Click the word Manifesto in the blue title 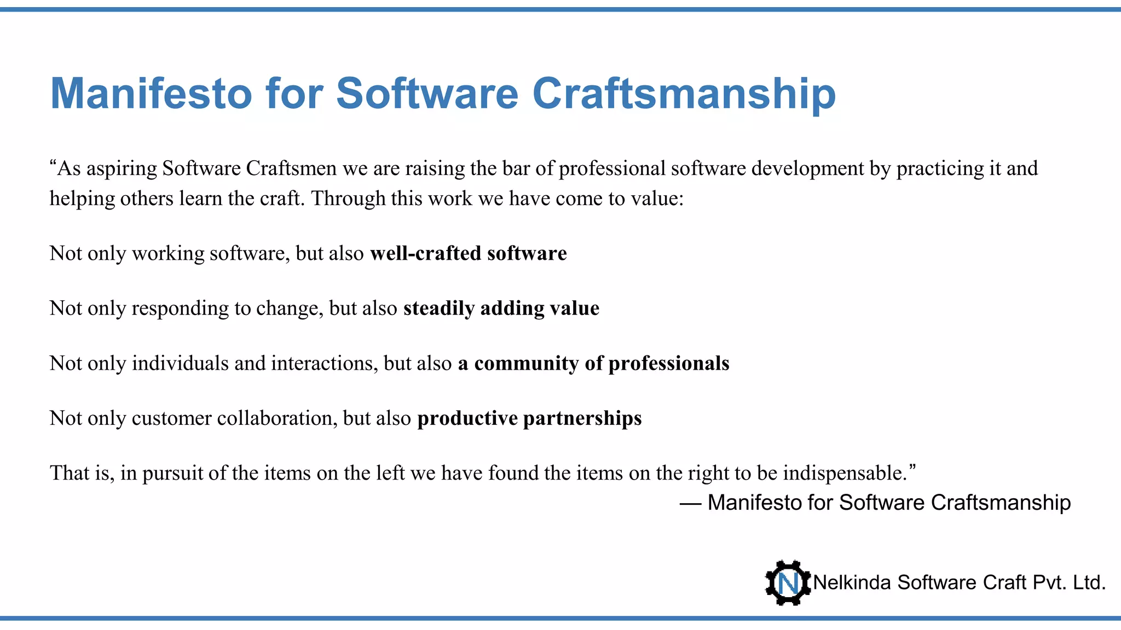pyautogui.click(x=151, y=94)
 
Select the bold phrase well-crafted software pyautogui.click(x=468, y=253)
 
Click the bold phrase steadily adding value pyautogui.click(x=501, y=308)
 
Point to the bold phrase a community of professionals pyautogui.click(x=593, y=363)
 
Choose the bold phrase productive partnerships pyautogui.click(x=529, y=418)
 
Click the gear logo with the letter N pyautogui.click(x=788, y=583)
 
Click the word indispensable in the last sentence pyautogui.click(x=845, y=473)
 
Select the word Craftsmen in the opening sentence pyautogui.click(x=291, y=168)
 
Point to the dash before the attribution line pyautogui.click(x=691, y=503)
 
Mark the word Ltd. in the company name pyautogui.click(x=1089, y=583)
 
